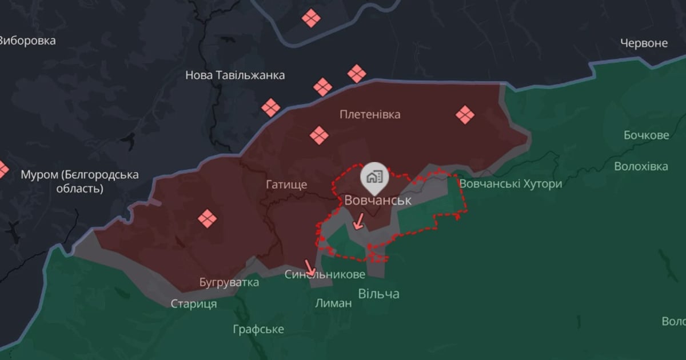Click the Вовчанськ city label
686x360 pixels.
(377, 200)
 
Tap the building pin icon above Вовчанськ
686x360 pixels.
(374, 177)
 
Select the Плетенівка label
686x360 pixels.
(370, 114)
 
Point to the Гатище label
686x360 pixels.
(286, 185)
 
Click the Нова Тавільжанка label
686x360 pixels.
(235, 75)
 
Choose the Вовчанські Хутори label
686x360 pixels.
(510, 184)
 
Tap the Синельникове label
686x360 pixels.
(325, 275)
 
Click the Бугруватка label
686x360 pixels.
(229, 282)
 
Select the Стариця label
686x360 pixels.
(194, 304)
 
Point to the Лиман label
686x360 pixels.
(333, 303)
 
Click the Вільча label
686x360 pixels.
(378, 294)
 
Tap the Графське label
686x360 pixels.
(258, 329)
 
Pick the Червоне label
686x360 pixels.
(644, 43)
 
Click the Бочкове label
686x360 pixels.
(646, 135)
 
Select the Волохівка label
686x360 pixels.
(641, 167)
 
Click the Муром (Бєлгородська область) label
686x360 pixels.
(79, 181)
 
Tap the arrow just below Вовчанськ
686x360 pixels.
(358, 221)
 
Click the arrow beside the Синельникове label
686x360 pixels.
(310, 267)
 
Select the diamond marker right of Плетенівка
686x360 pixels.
(465, 115)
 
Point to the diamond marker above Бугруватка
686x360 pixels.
(206, 218)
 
